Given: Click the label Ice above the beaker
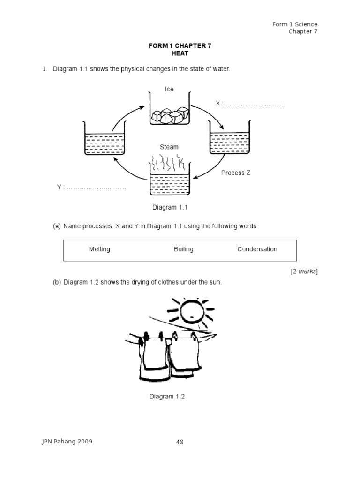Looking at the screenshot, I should [x=169, y=89].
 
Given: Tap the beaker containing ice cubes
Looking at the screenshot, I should [x=169, y=110].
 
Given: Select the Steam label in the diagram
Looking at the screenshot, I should [x=169, y=147].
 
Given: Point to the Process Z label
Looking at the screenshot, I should [x=235, y=173].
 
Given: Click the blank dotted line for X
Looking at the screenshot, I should [x=255, y=104].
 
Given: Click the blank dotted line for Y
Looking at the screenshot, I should [x=96, y=187].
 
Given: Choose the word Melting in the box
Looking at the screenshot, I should [x=99, y=249].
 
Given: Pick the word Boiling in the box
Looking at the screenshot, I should [x=183, y=249].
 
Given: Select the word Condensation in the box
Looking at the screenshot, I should [x=257, y=249].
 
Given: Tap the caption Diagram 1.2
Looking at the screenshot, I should [x=167, y=397].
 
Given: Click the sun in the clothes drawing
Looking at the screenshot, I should [x=191, y=311].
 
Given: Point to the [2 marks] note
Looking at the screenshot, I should [x=304, y=271].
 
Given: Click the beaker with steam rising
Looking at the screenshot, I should [x=169, y=180].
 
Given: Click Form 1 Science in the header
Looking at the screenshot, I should [x=294, y=24].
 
